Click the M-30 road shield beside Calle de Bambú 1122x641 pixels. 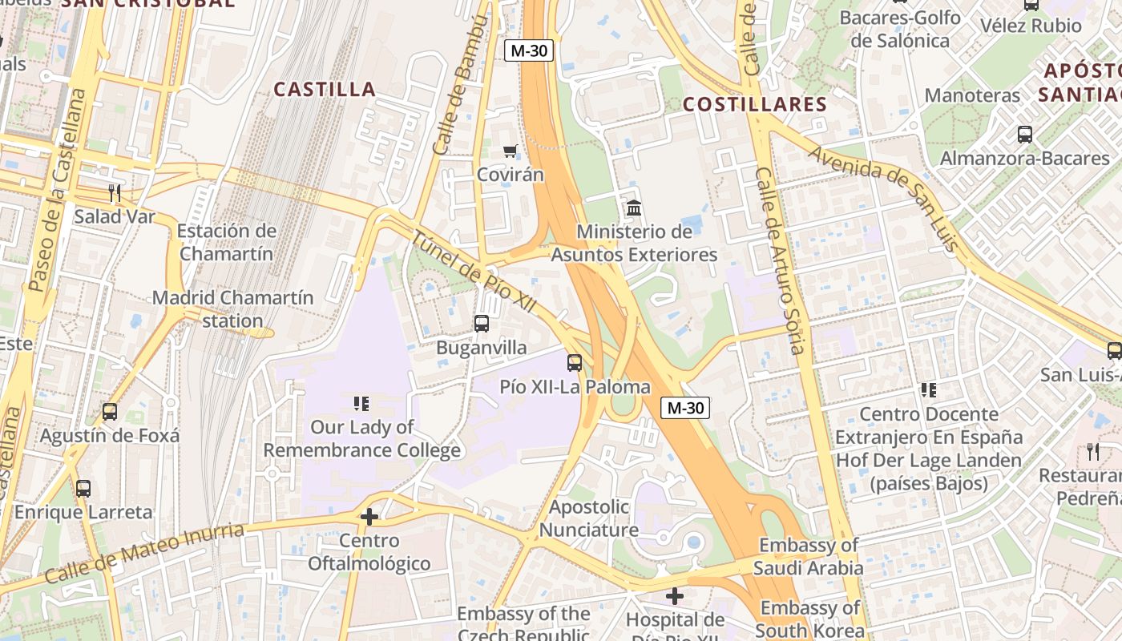(529, 50)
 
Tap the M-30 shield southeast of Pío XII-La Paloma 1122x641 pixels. (685, 408)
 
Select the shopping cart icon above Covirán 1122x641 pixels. (510, 151)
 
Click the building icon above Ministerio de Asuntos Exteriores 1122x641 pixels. (634, 208)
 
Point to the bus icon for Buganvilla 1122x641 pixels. (481, 324)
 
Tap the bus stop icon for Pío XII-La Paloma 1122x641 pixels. (575, 362)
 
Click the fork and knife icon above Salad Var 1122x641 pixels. (115, 192)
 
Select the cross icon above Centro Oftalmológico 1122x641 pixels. (369, 517)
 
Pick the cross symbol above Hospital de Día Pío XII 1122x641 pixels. (675, 596)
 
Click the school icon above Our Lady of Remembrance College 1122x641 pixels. (361, 403)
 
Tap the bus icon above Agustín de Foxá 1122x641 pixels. (110, 412)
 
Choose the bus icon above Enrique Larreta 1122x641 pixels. (83, 488)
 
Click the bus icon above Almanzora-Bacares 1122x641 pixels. (1024, 134)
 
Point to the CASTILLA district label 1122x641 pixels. (325, 89)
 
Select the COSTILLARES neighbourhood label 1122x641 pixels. (754, 104)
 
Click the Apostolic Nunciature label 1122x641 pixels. (589, 518)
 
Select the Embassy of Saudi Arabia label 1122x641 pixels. (809, 557)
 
